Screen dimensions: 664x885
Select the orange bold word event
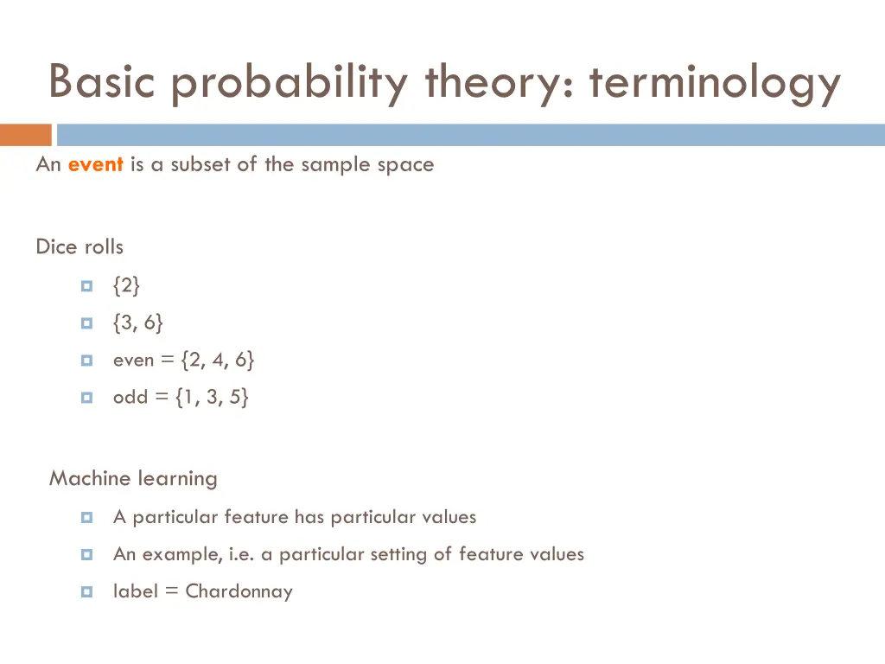click(x=95, y=164)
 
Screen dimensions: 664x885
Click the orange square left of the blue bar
click(x=25, y=135)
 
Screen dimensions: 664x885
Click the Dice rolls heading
click(x=80, y=247)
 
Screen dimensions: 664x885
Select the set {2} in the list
click(x=126, y=284)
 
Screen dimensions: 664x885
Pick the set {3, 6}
click(x=137, y=322)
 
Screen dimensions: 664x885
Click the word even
click(x=133, y=361)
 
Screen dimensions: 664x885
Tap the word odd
click(x=131, y=398)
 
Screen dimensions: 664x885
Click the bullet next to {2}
click(x=86, y=285)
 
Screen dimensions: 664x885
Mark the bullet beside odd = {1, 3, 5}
click(x=86, y=399)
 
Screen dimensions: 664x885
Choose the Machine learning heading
click(x=133, y=478)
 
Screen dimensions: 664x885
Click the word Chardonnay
click(x=239, y=592)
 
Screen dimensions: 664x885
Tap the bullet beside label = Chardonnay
click(x=86, y=592)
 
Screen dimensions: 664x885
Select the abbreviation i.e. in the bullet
click(x=242, y=554)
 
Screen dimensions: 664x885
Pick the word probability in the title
click(x=295, y=85)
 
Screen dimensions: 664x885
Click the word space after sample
click(x=409, y=165)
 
